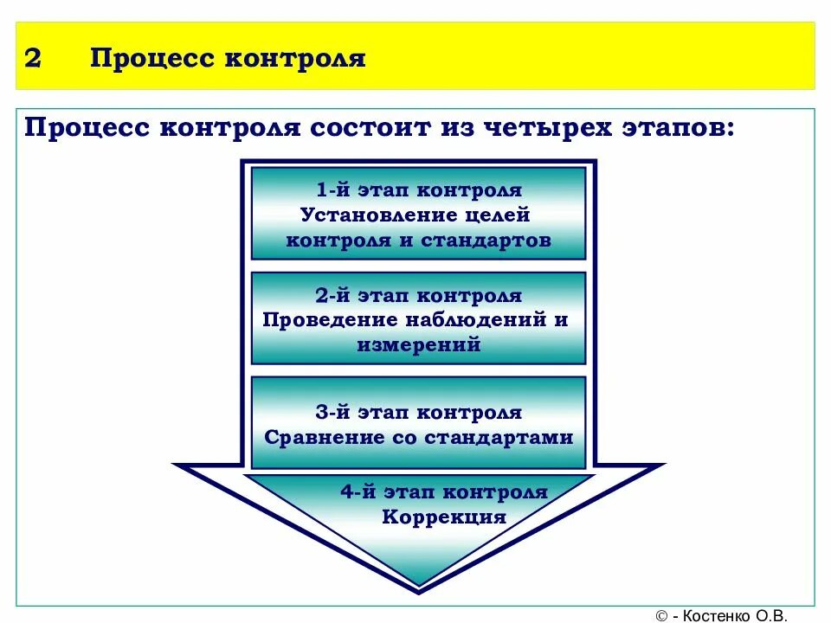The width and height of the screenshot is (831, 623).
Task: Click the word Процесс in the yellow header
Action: coord(151,59)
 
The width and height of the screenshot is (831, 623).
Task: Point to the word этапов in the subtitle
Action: coord(679,129)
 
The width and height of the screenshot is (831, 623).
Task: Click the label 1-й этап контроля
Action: coord(418,190)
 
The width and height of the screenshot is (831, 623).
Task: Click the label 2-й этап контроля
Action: coord(418,296)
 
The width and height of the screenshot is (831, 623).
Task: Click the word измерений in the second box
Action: coord(418,345)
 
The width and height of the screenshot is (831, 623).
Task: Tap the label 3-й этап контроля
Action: coord(418,413)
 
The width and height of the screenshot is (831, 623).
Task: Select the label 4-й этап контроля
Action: coord(443,492)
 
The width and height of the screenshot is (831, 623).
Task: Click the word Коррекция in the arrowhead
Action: coord(443,517)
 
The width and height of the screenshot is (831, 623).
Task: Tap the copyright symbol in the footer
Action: coord(662,615)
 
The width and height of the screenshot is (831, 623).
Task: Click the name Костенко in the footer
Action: coord(715,615)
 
